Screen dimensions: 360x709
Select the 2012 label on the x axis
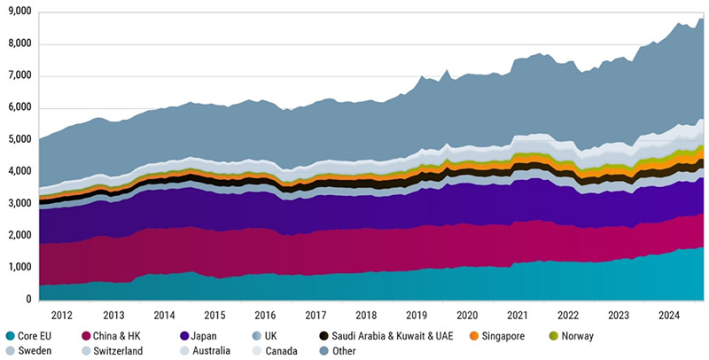[x=63, y=315]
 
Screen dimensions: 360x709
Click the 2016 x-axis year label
[x=265, y=315]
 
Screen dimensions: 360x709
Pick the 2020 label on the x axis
[x=467, y=315]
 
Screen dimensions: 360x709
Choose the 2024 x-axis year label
[x=669, y=315]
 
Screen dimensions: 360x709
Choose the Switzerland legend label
[x=121, y=351]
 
